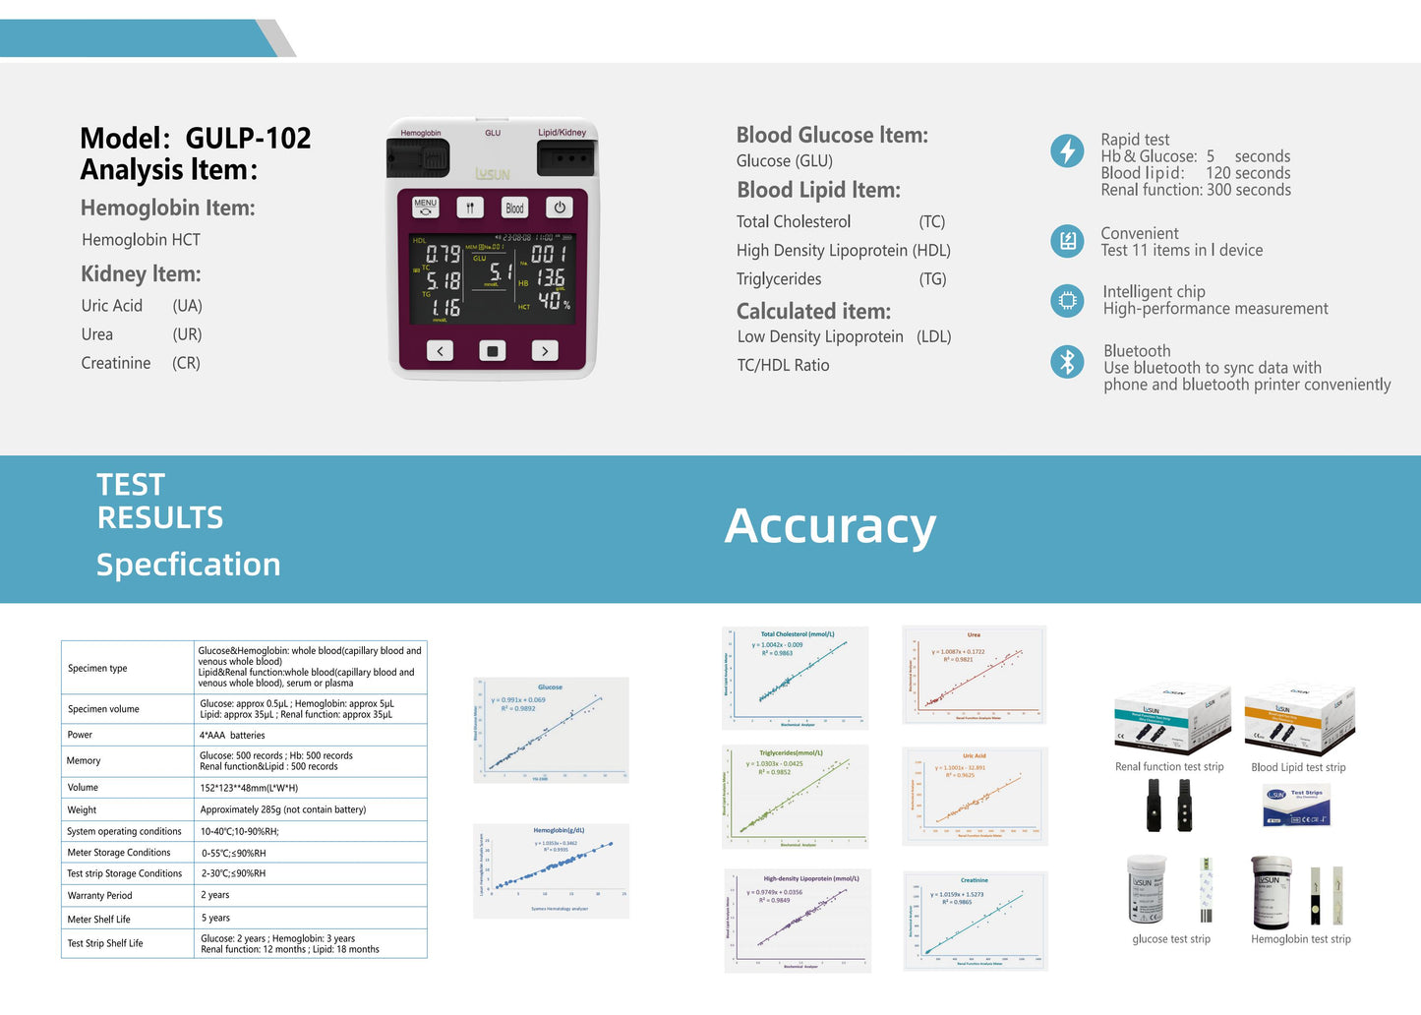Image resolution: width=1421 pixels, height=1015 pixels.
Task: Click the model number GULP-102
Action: (x=248, y=139)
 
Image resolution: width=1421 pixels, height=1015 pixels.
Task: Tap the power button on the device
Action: (x=560, y=208)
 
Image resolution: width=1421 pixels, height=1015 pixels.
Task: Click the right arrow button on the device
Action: (x=545, y=351)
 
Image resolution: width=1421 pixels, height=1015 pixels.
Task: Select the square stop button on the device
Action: (x=493, y=351)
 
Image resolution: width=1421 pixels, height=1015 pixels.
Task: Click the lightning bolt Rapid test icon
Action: (x=1067, y=151)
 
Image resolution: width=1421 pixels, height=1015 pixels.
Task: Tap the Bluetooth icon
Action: (x=1067, y=361)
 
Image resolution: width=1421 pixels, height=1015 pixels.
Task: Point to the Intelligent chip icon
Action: (x=1067, y=300)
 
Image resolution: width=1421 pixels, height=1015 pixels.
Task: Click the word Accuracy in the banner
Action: (x=830, y=526)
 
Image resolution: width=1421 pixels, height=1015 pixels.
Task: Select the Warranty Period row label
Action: (x=99, y=896)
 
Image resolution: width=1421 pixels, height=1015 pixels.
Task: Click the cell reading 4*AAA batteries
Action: (x=233, y=736)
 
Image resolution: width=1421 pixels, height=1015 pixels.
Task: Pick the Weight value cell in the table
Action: (x=283, y=810)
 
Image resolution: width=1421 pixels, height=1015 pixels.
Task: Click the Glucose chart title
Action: (x=550, y=687)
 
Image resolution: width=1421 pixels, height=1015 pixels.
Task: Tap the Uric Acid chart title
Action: (x=974, y=756)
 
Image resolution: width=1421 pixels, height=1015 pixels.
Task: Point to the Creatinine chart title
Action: (x=974, y=880)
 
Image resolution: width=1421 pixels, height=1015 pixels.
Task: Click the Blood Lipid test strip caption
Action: (x=1298, y=768)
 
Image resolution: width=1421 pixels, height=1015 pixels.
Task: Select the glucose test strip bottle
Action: (x=1147, y=889)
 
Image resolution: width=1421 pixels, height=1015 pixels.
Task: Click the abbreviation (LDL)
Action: (x=933, y=336)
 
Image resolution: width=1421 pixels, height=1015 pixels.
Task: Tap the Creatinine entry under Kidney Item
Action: (x=116, y=363)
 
